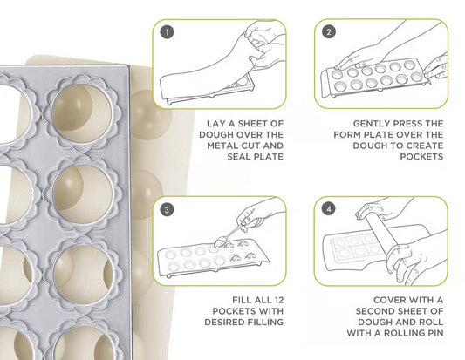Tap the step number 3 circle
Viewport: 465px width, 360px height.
(x=166, y=209)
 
